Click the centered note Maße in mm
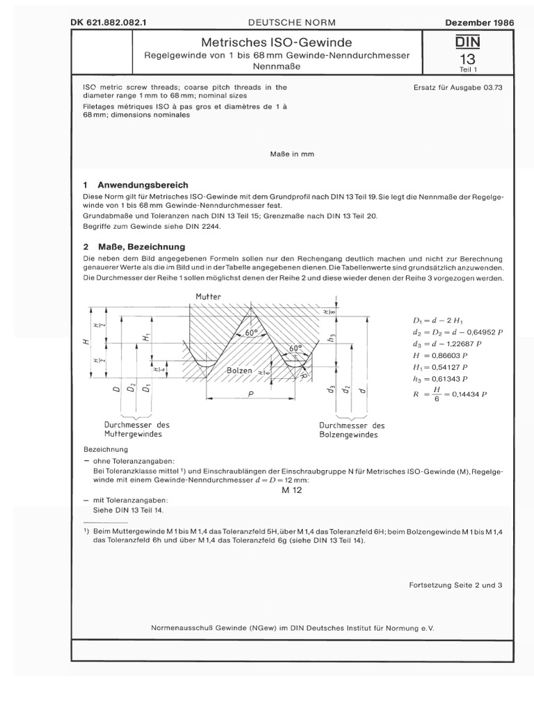[x=291, y=154]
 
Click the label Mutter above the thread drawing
[x=208, y=297]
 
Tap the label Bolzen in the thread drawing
[x=240, y=371]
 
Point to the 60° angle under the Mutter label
[x=252, y=334]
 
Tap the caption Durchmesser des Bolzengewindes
[x=352, y=429]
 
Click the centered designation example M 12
[x=294, y=490]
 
